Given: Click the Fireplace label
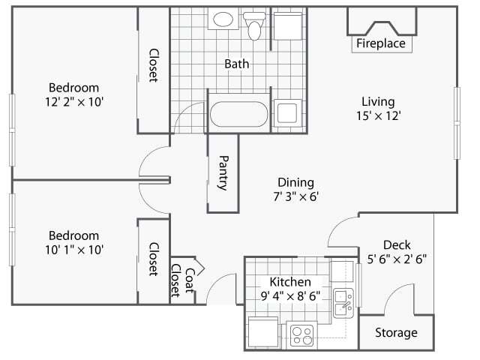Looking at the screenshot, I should pyautogui.click(x=380, y=44).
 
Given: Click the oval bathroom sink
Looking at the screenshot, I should pyautogui.click(x=222, y=20).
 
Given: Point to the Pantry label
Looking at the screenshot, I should pyautogui.click(x=223, y=172).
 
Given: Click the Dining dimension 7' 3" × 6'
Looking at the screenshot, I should pyautogui.click(x=295, y=196).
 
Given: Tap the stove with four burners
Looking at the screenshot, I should pyautogui.click(x=301, y=334).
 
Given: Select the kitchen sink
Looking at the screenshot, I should pyautogui.click(x=344, y=300).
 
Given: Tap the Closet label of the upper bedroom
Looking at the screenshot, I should pyautogui.click(x=153, y=66).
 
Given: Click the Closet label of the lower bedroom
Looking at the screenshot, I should pyautogui.click(x=153, y=259).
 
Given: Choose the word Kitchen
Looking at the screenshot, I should pyautogui.click(x=285, y=281).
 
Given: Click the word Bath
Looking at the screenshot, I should pyautogui.click(x=236, y=64).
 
